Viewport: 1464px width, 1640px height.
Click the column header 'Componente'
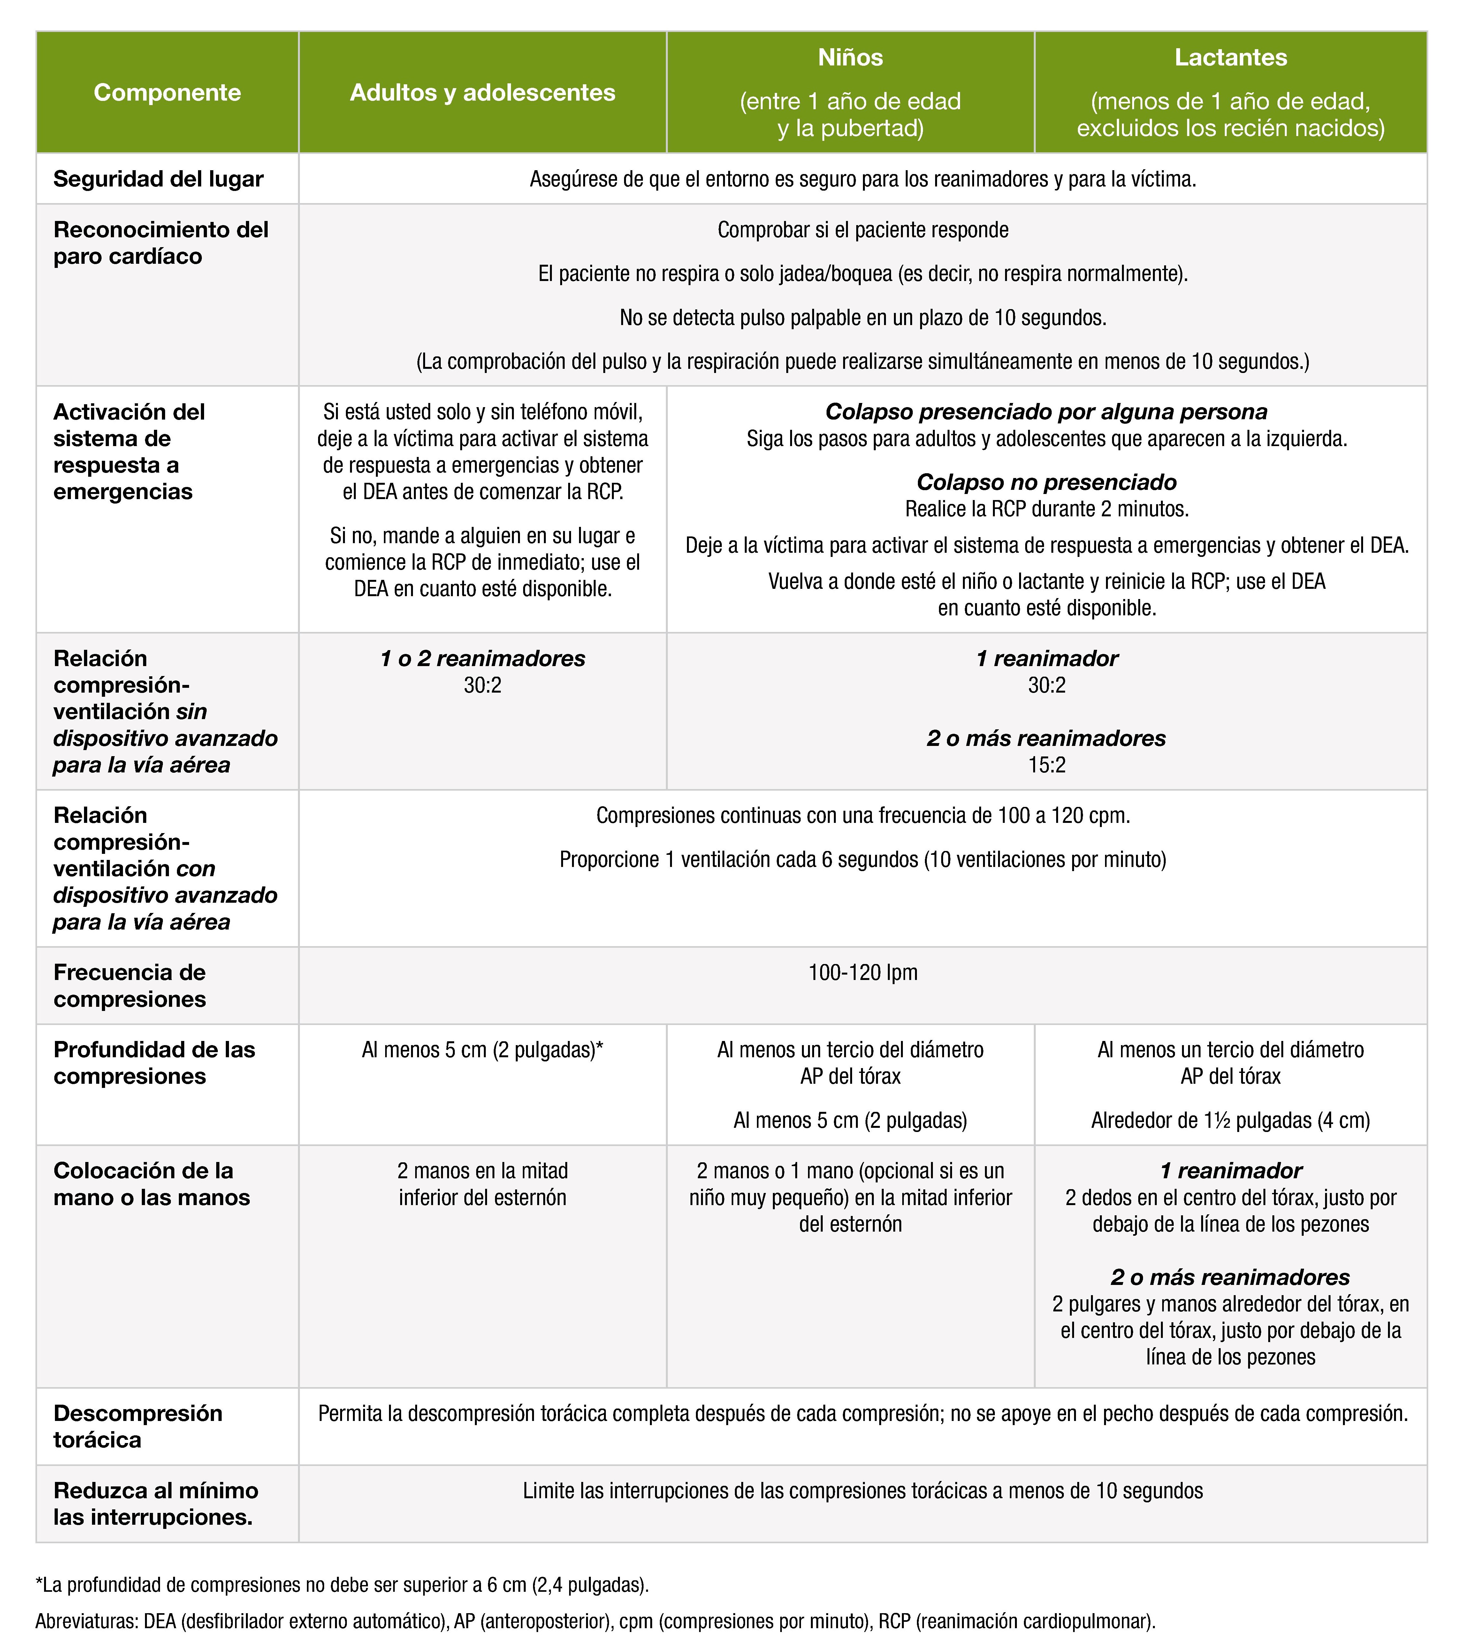click(x=167, y=93)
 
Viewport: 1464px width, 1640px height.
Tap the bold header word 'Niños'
click(x=850, y=57)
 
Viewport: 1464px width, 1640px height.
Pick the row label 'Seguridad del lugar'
click(x=158, y=178)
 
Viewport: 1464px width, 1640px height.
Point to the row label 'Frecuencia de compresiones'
click(x=130, y=985)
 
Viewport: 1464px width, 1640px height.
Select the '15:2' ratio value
click(x=1047, y=765)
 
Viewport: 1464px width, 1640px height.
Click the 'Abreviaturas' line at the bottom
click(x=595, y=1621)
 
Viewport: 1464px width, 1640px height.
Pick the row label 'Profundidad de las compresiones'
click(x=154, y=1062)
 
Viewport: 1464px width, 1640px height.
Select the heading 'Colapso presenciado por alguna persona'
click(x=1047, y=412)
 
